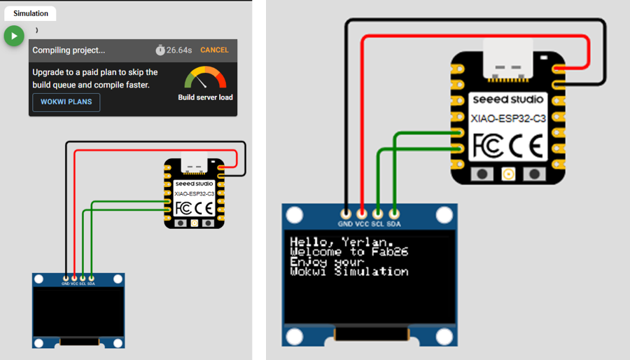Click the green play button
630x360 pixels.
point(14,36)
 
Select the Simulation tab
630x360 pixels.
point(31,13)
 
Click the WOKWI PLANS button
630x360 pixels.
point(66,102)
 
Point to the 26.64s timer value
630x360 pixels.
point(179,50)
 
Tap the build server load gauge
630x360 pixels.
point(205,78)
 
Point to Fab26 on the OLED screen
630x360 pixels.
point(389,251)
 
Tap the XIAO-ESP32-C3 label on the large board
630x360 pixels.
point(509,118)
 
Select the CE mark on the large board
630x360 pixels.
point(529,146)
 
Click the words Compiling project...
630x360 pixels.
point(69,50)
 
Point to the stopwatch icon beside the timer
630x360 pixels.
point(160,50)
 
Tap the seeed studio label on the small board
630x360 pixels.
point(195,184)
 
